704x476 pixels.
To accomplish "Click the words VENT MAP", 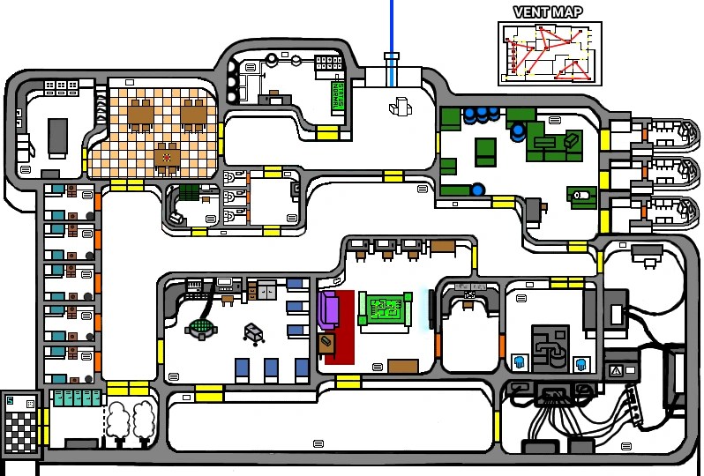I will [x=547, y=12].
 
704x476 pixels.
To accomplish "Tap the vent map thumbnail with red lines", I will [x=547, y=53].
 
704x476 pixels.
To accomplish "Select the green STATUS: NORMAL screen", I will [x=337, y=96].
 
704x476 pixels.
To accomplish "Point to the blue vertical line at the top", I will [x=392, y=35].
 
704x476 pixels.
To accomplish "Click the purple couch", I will [x=329, y=309].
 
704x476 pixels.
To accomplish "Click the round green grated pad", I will [x=202, y=328].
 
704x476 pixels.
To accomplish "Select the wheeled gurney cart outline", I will [x=253, y=332].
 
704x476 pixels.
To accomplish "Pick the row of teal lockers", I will [x=77, y=398].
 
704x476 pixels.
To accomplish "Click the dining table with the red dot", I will [x=166, y=158].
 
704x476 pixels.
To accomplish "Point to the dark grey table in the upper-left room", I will [x=57, y=138].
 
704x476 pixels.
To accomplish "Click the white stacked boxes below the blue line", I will [x=399, y=107].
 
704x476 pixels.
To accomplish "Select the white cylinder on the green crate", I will [x=580, y=195].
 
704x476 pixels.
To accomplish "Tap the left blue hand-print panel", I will [x=519, y=362].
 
